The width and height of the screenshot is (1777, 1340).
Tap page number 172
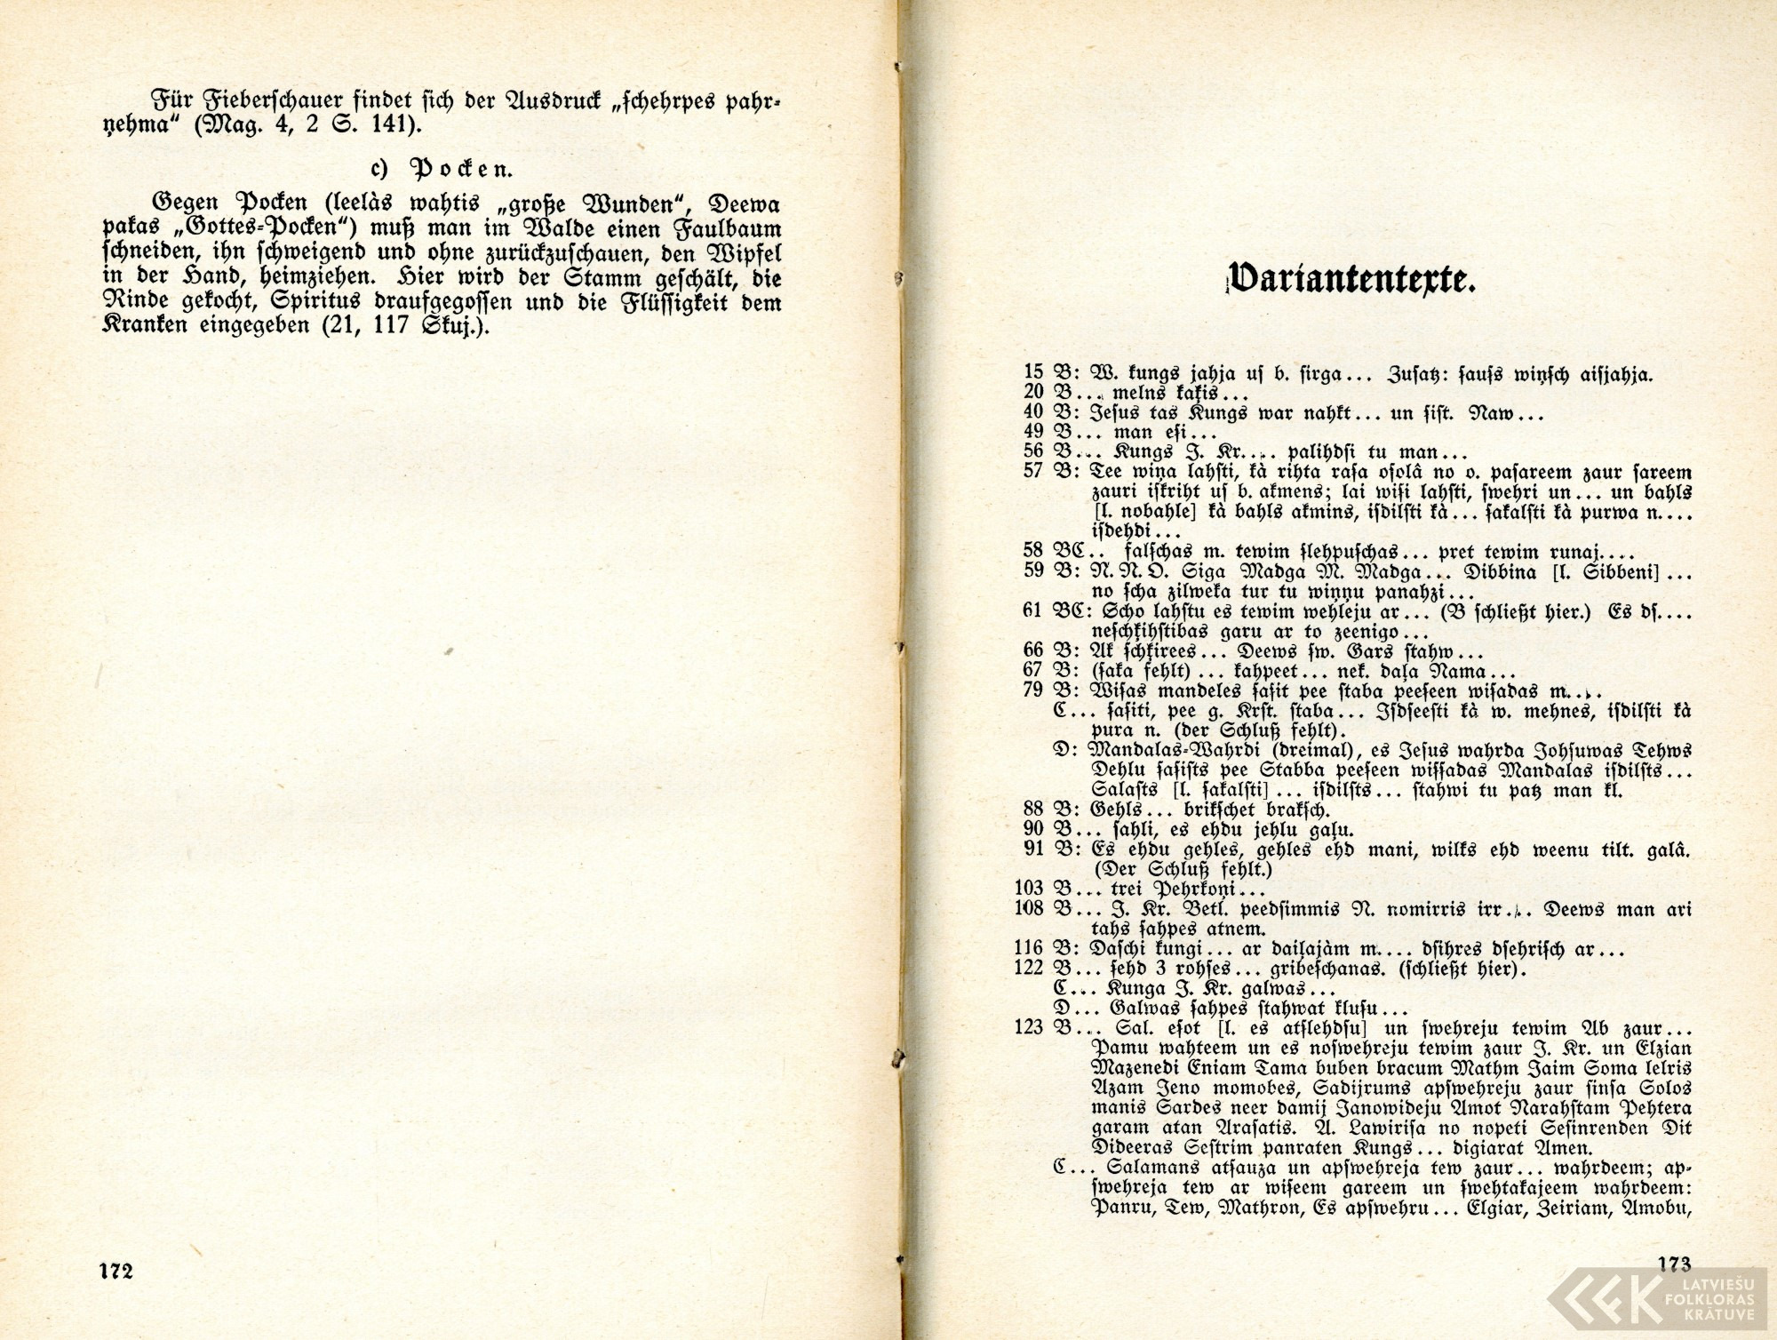click(116, 1271)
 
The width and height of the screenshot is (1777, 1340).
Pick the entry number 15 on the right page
click(1033, 375)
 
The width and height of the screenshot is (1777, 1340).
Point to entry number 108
click(1029, 909)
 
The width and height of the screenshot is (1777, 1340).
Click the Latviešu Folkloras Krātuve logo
click(1661, 1296)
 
